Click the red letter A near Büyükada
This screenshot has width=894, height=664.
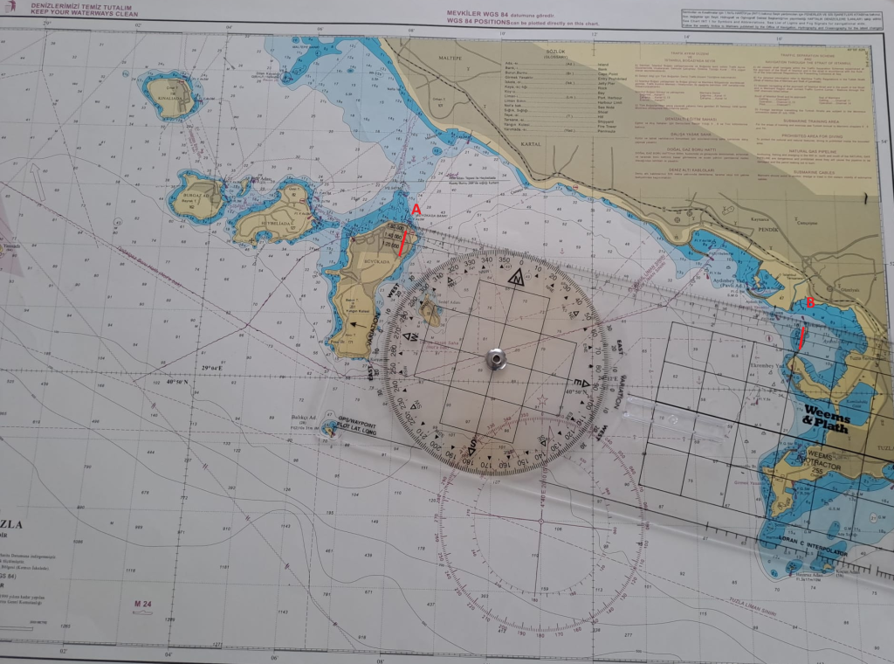[416, 210]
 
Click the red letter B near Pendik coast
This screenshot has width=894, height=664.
[810, 303]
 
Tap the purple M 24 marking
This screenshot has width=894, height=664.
[143, 605]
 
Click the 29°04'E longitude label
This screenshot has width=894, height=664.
[219, 370]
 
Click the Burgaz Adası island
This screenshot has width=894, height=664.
[196, 197]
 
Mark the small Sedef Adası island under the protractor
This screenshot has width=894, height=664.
[428, 309]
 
